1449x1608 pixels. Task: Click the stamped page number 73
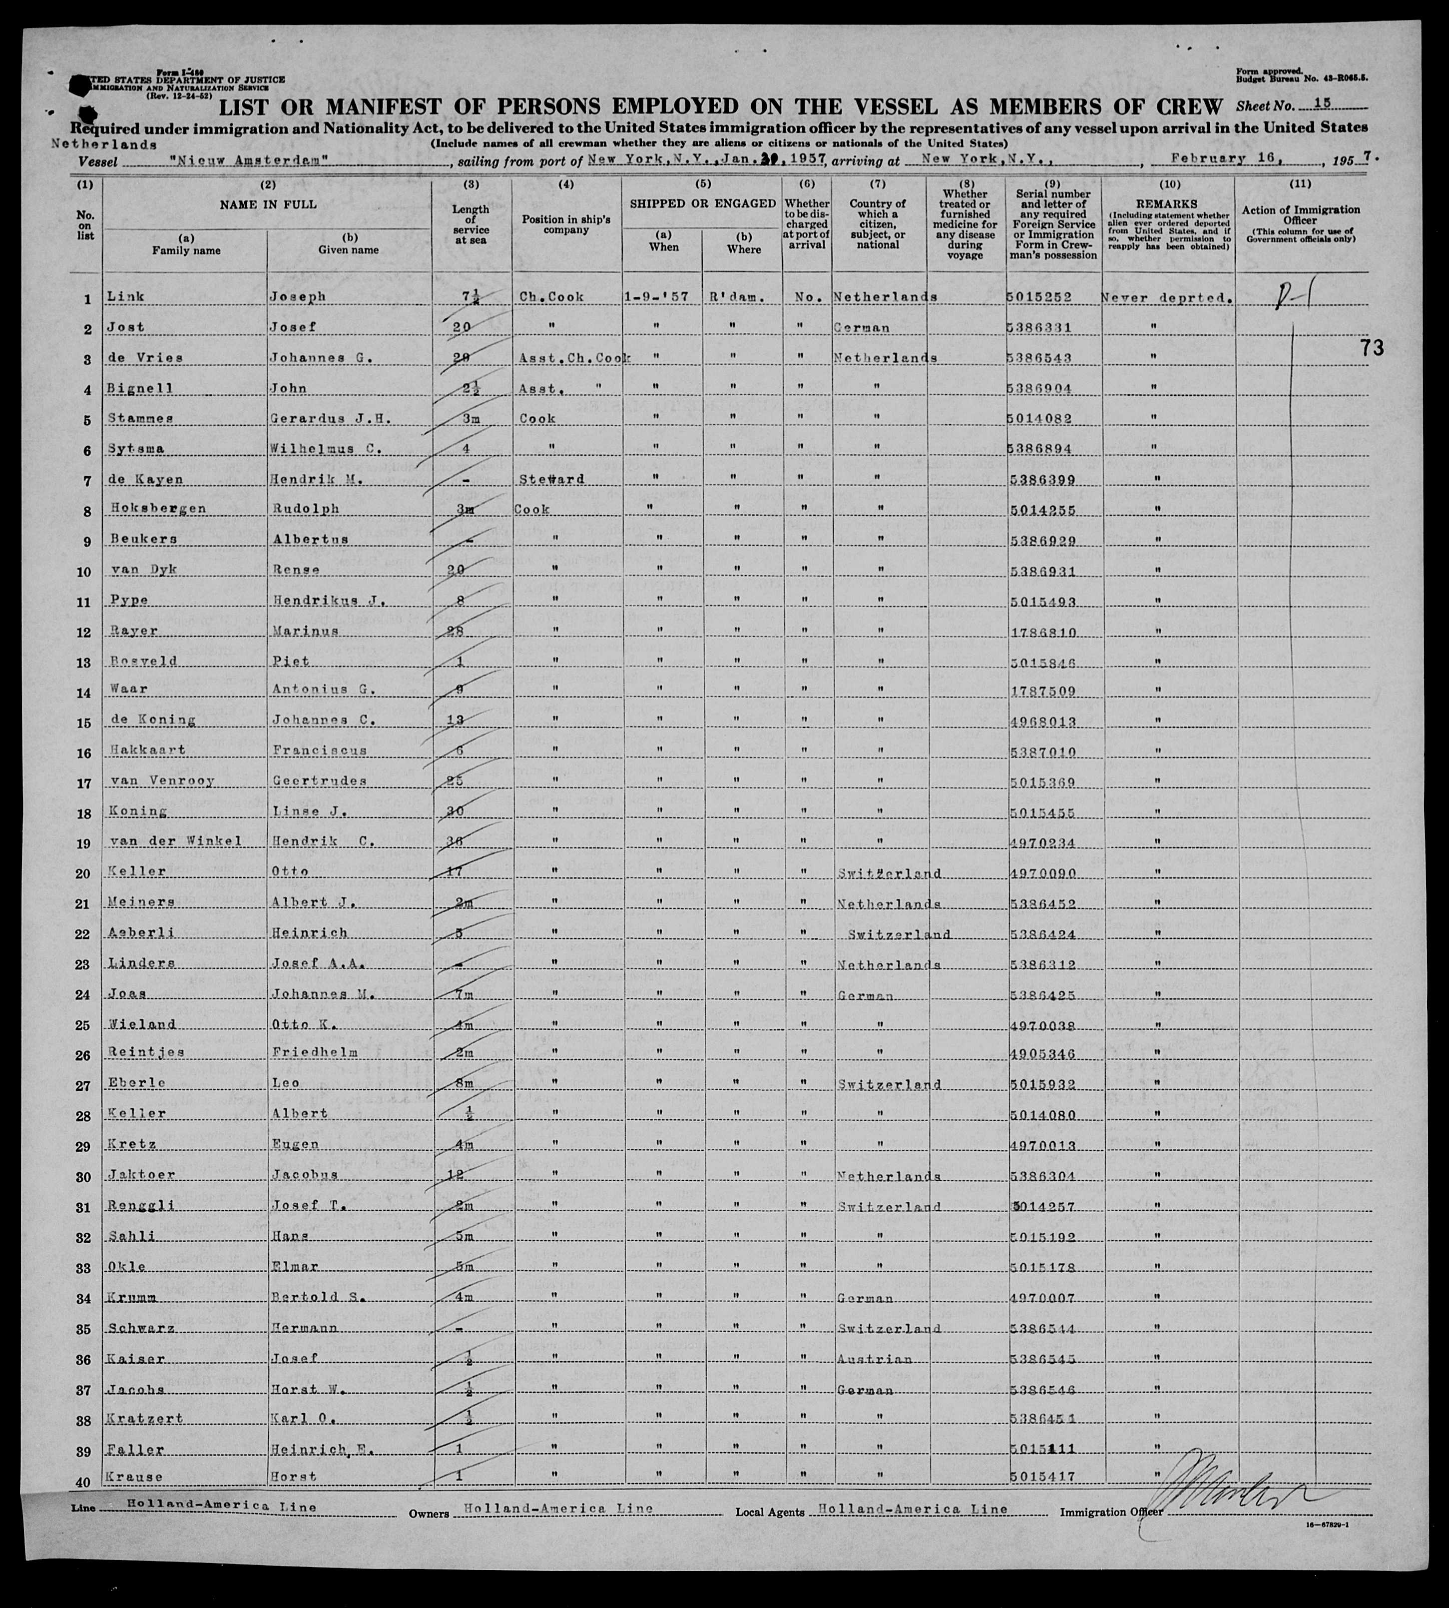[1372, 348]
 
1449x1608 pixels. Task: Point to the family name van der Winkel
[172, 841]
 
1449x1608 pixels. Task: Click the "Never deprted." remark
[1167, 297]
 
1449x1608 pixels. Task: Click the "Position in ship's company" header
[565, 224]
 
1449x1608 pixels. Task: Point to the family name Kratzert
[144, 1419]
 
